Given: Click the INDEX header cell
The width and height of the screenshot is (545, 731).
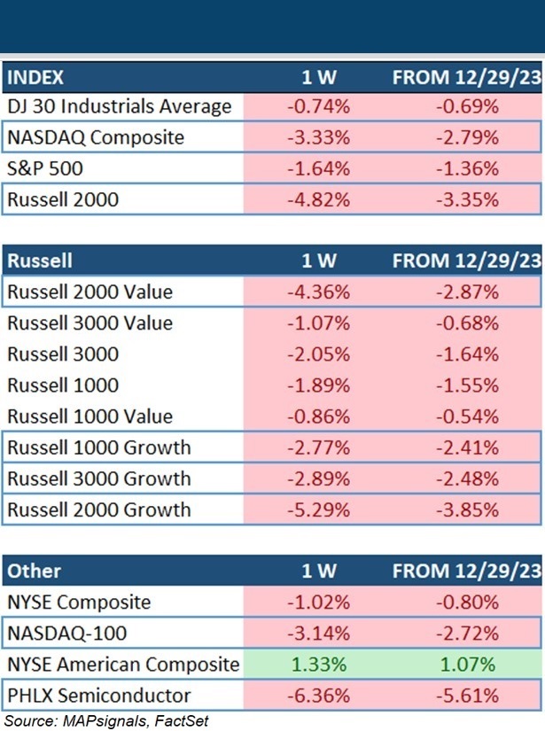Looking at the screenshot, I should pos(36,76).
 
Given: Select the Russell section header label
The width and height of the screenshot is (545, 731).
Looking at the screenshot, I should pos(40,261).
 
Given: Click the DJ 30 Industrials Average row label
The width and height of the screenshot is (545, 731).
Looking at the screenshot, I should pos(120,107).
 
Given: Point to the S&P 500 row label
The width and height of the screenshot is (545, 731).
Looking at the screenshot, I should pos(43,168).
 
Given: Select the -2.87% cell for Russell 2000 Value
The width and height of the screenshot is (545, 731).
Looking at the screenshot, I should pos(467,292).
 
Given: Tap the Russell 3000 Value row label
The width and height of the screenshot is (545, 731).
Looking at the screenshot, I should pos(90,323).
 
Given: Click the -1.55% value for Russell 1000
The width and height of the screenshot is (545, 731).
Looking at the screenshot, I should pos(467,385).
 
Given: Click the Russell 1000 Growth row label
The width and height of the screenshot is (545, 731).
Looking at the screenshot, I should pos(98,447).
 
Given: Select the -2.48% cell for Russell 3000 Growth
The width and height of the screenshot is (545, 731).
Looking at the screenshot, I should pos(467,478).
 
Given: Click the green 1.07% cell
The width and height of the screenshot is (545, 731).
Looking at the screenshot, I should pos(467,665).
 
